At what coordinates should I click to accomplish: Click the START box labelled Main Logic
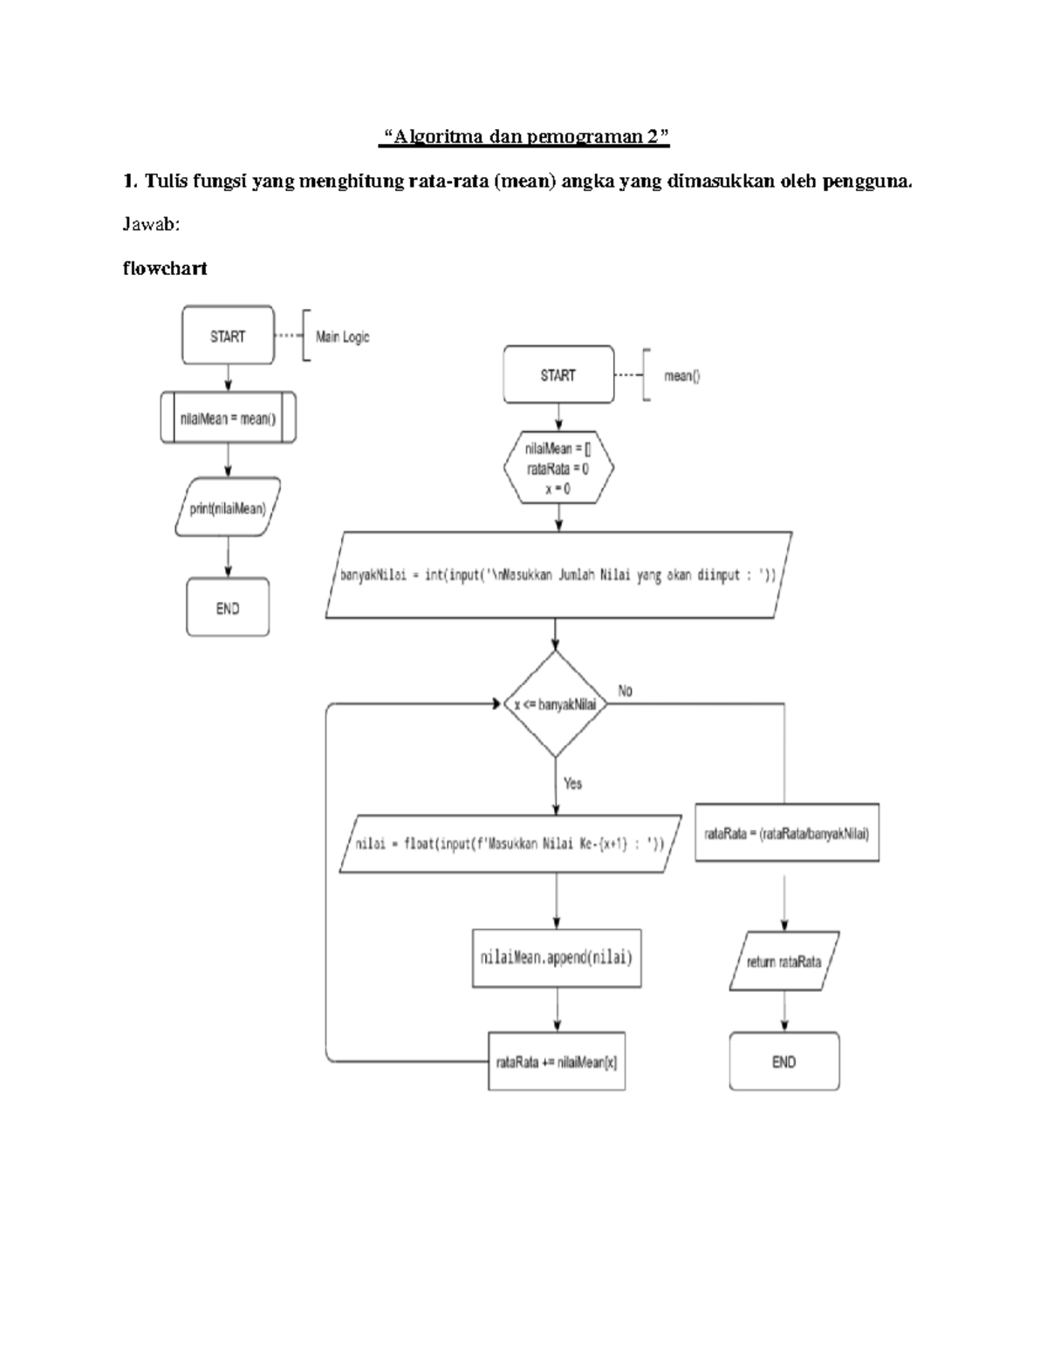pyautogui.click(x=228, y=336)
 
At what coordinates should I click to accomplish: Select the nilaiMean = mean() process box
pyautogui.click(x=228, y=419)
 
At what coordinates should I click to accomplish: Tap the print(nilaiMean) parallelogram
pyautogui.click(x=228, y=508)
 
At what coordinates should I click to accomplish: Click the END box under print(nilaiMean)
pyautogui.click(x=228, y=608)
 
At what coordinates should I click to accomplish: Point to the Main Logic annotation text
pyautogui.click(x=342, y=337)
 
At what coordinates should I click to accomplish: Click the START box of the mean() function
pyautogui.click(x=558, y=375)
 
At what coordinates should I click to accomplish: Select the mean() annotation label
pyautogui.click(x=681, y=376)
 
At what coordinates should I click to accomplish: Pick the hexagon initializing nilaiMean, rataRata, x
pyautogui.click(x=558, y=469)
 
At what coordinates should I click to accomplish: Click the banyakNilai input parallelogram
pyautogui.click(x=558, y=575)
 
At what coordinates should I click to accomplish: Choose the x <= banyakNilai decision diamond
pyautogui.click(x=555, y=705)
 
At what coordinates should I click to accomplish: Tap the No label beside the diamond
pyautogui.click(x=625, y=691)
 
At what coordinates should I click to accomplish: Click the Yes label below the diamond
pyautogui.click(x=572, y=784)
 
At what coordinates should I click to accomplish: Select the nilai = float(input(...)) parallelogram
pyautogui.click(x=510, y=844)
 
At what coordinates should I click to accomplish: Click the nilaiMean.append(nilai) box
pyautogui.click(x=557, y=957)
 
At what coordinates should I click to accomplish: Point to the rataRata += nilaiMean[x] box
pyautogui.click(x=557, y=1062)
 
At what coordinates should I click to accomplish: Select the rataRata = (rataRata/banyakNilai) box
pyautogui.click(x=786, y=833)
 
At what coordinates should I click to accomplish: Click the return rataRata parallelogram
pyautogui.click(x=784, y=962)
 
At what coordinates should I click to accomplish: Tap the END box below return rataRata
pyautogui.click(x=784, y=1062)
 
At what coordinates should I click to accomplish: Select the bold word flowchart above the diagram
pyautogui.click(x=165, y=269)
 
